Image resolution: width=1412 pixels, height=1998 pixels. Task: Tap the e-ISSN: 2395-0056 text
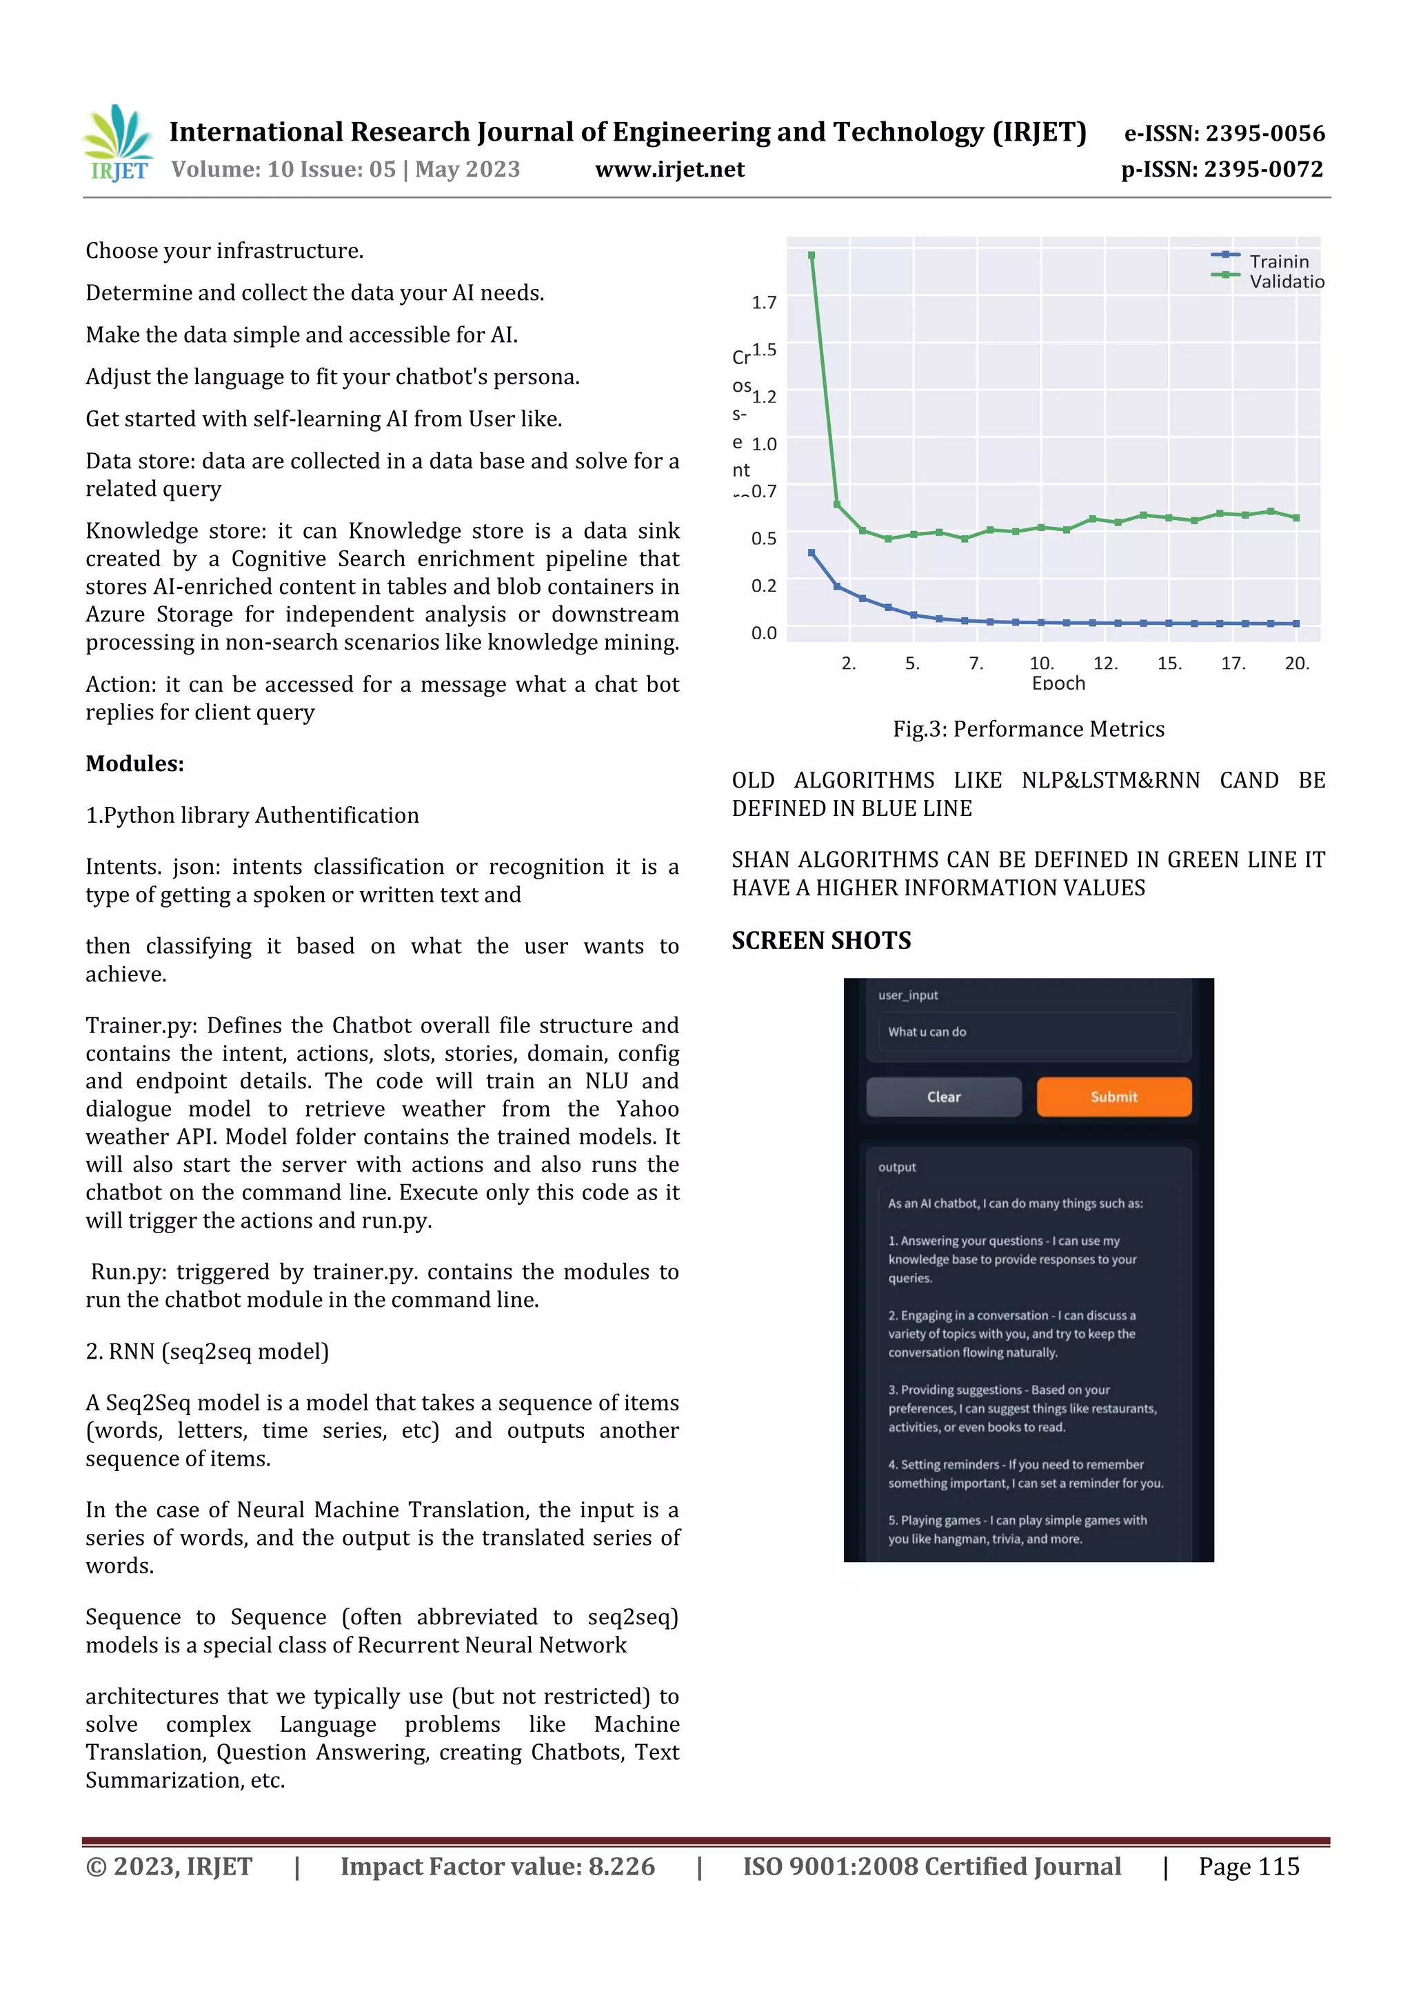tap(1224, 133)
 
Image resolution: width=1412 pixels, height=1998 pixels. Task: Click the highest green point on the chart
tap(811, 255)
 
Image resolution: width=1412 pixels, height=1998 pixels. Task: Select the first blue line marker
tap(811, 552)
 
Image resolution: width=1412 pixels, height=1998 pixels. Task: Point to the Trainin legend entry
tap(1278, 261)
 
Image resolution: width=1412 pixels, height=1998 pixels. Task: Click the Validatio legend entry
tap(1286, 281)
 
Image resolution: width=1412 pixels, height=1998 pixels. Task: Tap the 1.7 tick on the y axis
tap(763, 302)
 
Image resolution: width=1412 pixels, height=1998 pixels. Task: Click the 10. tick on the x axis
tap(1040, 663)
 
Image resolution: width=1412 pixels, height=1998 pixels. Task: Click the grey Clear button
tap(943, 1097)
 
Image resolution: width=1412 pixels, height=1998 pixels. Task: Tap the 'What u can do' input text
tap(927, 1031)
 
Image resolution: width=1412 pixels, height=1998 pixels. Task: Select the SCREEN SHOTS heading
tap(820, 940)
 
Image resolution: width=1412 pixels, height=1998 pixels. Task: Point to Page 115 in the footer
tap(1249, 1866)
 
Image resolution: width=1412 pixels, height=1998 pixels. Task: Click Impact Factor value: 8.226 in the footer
tap(497, 1866)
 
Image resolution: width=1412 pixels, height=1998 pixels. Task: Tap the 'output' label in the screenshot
tap(896, 1167)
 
